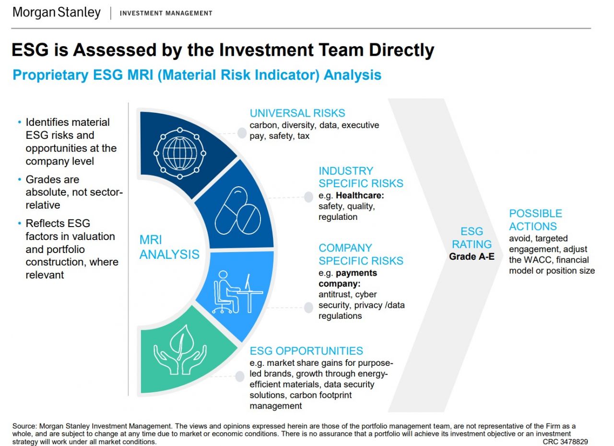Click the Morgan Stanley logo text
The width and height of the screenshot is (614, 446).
[57, 12]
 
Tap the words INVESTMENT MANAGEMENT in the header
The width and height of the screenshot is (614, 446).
[166, 13]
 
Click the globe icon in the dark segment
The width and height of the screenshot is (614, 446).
[180, 153]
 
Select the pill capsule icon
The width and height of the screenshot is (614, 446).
[237, 211]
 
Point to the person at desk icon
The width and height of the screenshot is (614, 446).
[237, 293]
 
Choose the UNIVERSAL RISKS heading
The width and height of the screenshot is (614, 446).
[297, 113]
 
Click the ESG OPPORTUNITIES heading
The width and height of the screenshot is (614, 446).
[306, 351]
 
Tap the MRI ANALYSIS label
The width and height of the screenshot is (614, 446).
[169, 247]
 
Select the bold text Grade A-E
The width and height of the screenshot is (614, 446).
[472, 256]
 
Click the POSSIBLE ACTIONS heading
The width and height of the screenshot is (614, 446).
[535, 220]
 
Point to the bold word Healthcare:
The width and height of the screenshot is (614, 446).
[360, 195]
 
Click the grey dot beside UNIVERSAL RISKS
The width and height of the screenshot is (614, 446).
[242, 133]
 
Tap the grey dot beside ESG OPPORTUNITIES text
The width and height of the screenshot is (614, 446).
[239, 376]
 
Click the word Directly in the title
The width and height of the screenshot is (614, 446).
[401, 50]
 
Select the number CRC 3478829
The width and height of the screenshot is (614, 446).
[565, 442]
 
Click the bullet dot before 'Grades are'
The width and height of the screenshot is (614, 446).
[20, 180]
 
